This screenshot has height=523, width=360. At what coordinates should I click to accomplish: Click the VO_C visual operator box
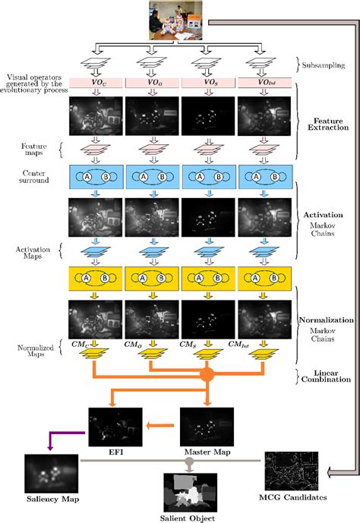pos(94,82)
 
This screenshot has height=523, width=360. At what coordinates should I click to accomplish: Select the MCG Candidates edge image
pos(291,473)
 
